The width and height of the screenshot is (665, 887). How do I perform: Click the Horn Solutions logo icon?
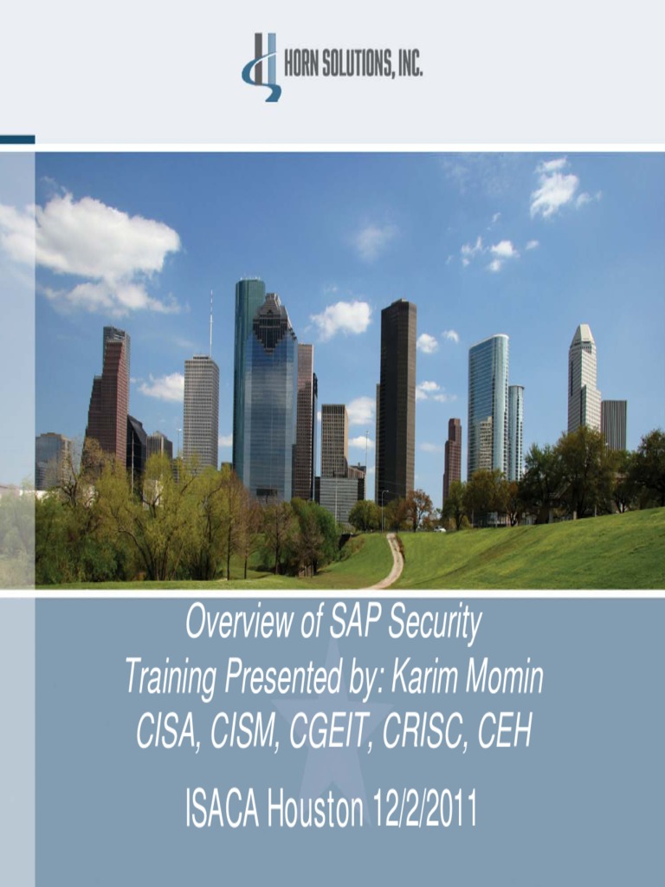click(x=261, y=67)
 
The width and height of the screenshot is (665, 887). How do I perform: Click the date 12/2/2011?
click(x=425, y=809)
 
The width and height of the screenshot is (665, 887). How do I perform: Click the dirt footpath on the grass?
click(x=393, y=563)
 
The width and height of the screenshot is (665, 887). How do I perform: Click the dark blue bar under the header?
click(x=17, y=139)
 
